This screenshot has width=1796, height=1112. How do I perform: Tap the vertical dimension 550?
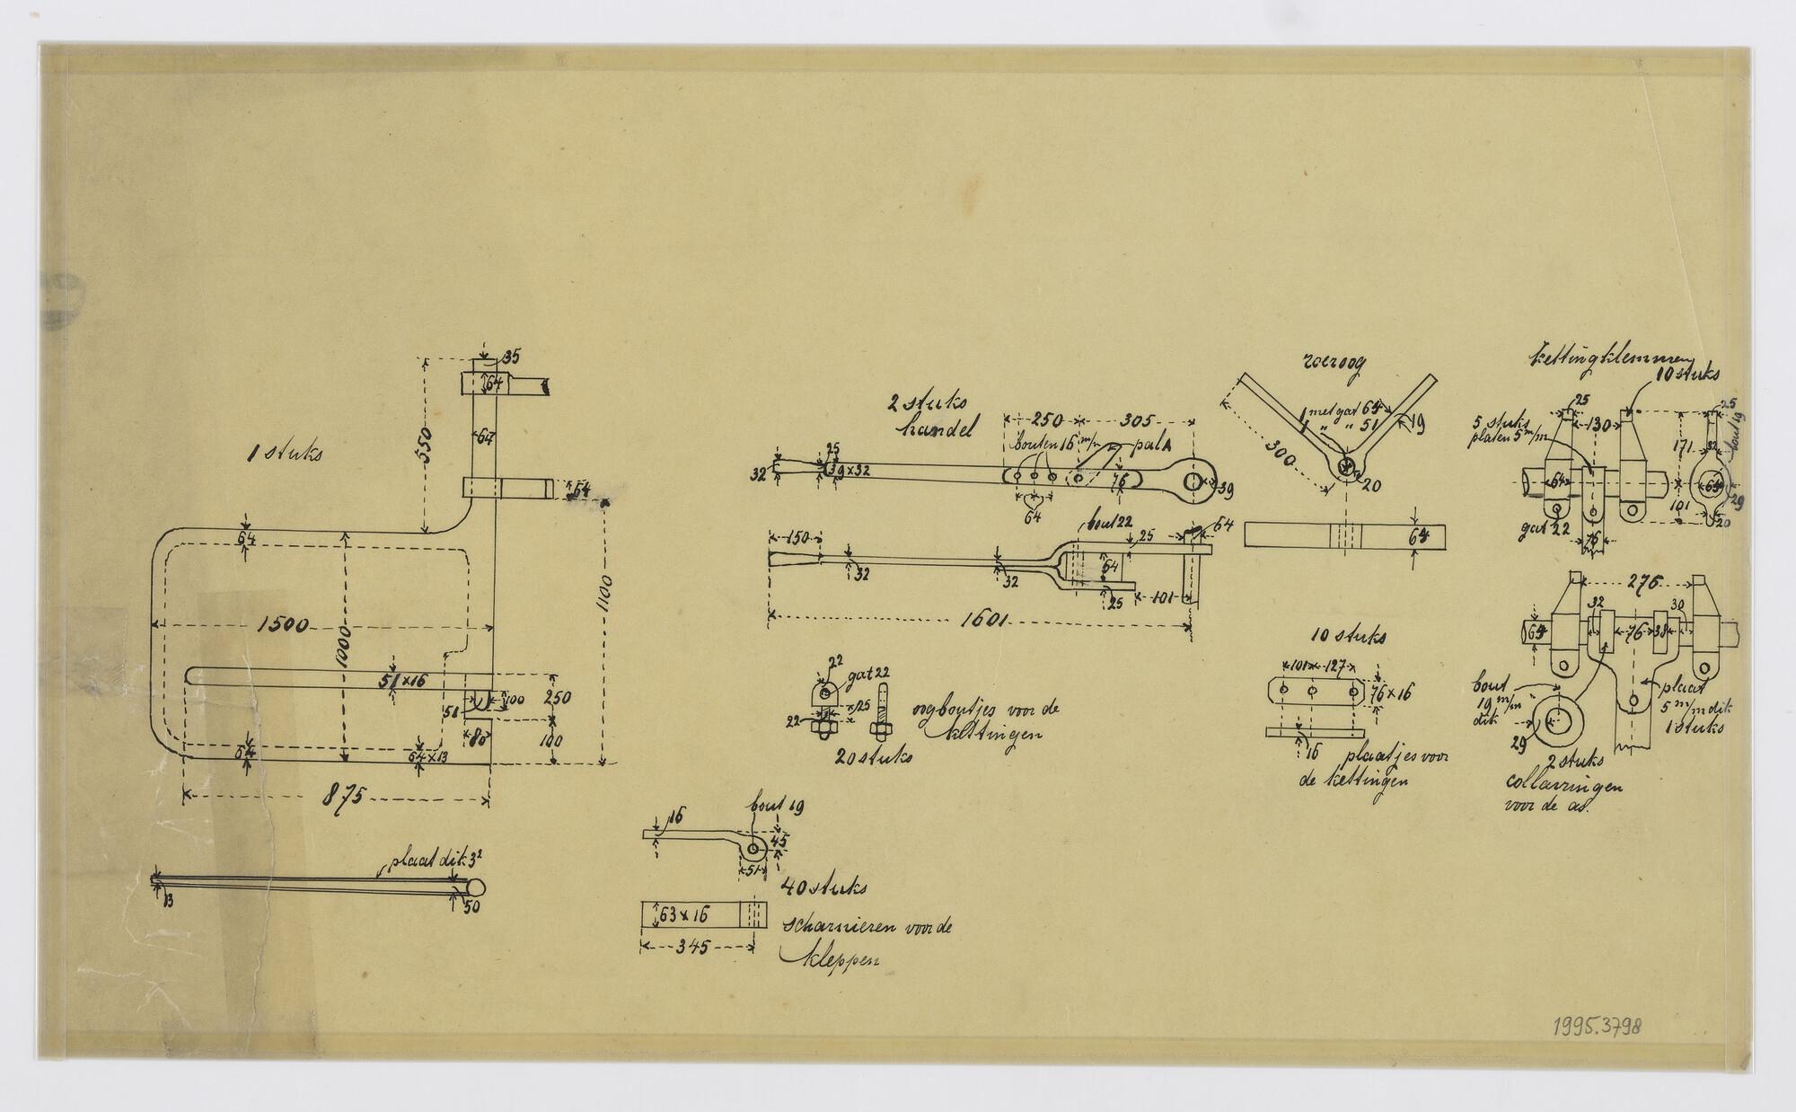427,443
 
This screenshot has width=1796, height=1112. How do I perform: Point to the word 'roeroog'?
1329,363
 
